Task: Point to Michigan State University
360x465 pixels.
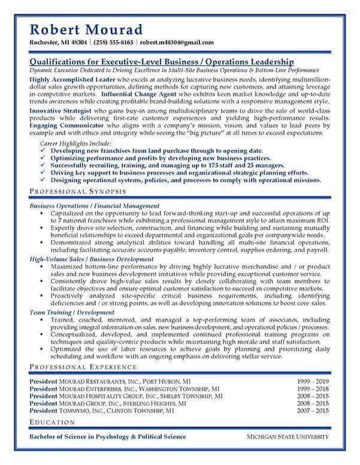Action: coord(289,437)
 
